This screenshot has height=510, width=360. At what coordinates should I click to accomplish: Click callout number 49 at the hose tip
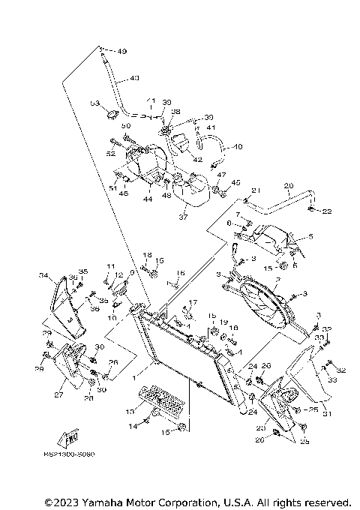pyautogui.click(x=121, y=51)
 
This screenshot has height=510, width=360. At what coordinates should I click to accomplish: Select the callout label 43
pyautogui.click(x=135, y=77)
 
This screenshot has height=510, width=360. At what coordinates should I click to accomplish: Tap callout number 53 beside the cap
pyautogui.click(x=95, y=103)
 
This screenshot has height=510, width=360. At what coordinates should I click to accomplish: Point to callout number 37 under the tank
pyautogui.click(x=182, y=217)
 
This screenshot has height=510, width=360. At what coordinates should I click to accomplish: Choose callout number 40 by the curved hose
pyautogui.click(x=239, y=147)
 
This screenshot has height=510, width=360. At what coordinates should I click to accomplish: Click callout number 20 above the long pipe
pyautogui.click(x=288, y=185)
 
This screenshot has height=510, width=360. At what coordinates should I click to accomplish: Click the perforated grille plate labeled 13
pyautogui.click(x=159, y=403)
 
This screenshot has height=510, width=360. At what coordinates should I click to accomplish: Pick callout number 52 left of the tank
pyautogui.click(x=111, y=153)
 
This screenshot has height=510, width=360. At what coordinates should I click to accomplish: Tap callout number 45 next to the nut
pyautogui.click(x=235, y=182)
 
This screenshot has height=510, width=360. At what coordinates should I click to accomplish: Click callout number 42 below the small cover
pyautogui.click(x=196, y=160)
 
